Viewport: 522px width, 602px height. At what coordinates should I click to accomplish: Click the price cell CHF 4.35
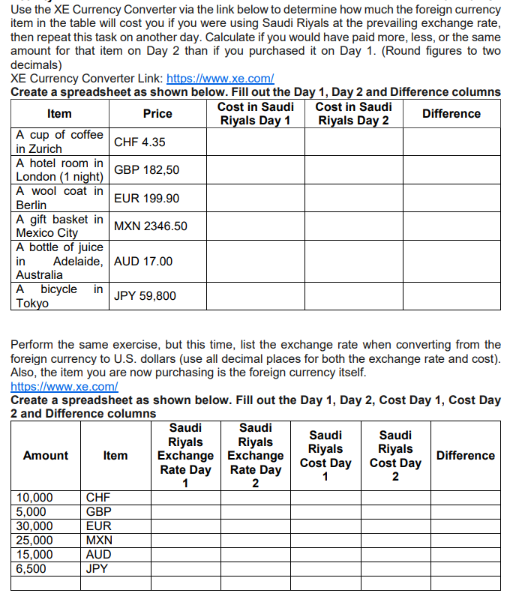[x=139, y=142]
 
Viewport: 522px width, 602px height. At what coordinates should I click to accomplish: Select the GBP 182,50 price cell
[x=146, y=170]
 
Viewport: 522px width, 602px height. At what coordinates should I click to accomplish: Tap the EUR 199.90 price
[x=146, y=198]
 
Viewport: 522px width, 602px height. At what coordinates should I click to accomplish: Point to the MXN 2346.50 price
[x=150, y=226]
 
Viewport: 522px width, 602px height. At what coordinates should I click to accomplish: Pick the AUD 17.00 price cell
[x=143, y=261]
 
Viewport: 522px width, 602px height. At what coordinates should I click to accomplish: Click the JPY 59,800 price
[x=145, y=295]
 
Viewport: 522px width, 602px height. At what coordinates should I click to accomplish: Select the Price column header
[x=157, y=114]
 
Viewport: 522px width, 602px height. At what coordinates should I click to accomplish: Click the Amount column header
[x=45, y=455]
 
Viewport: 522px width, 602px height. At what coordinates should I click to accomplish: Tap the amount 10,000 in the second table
[x=35, y=497]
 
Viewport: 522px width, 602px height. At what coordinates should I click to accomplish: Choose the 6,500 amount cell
[x=31, y=568]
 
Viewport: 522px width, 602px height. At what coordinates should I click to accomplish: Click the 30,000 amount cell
[x=35, y=526]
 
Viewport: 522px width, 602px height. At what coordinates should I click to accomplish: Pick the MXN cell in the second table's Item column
[x=99, y=540]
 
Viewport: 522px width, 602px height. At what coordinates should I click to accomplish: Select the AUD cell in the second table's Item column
[x=99, y=554]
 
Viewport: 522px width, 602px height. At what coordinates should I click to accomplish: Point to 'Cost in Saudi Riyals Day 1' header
[x=255, y=114]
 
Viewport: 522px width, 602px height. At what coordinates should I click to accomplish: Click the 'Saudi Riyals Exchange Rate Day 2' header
[x=255, y=455]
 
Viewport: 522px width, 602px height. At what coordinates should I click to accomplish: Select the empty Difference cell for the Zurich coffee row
[x=451, y=142]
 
